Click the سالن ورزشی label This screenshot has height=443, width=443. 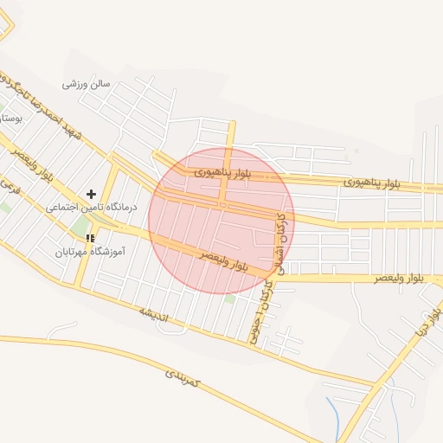click(x=87, y=85)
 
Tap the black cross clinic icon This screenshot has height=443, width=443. click(x=91, y=195)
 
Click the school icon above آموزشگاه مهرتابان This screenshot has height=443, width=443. click(x=89, y=238)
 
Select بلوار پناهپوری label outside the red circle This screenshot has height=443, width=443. click(x=373, y=183)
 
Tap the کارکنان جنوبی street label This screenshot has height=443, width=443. click(x=260, y=311)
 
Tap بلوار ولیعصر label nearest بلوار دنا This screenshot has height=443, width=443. click(x=399, y=279)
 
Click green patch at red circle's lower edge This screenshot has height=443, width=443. click(x=230, y=299)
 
